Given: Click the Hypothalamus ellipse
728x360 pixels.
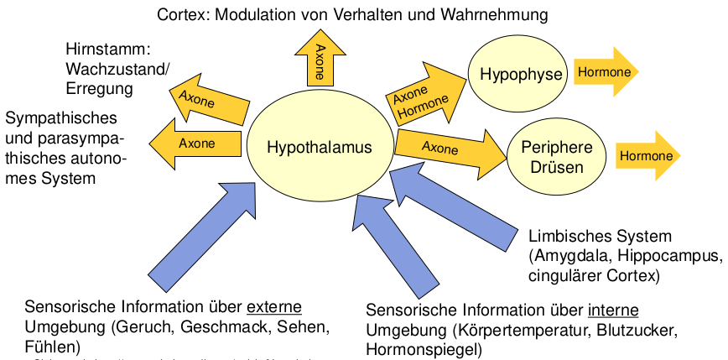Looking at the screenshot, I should pyautogui.click(x=319, y=148).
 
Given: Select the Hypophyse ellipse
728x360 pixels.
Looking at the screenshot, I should pyautogui.click(x=521, y=75).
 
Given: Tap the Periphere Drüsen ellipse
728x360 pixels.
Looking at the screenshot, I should pyautogui.click(x=556, y=157).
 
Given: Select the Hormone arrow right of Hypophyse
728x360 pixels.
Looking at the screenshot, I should pyautogui.click(x=605, y=72).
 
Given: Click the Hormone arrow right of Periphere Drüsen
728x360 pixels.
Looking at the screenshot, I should pyautogui.click(x=647, y=156).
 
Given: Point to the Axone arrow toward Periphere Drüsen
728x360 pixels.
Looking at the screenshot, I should pyautogui.click(x=449, y=149).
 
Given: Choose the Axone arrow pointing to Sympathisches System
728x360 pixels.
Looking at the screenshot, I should pyautogui.click(x=195, y=143).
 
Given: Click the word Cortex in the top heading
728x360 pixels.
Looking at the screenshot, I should pyautogui.click(x=179, y=14).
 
